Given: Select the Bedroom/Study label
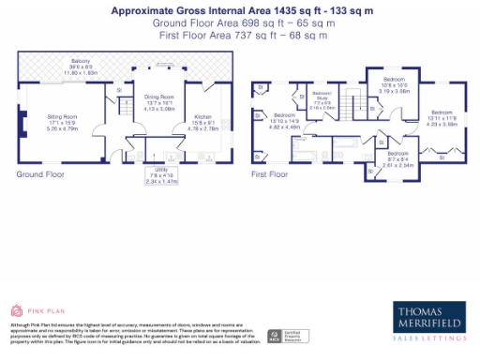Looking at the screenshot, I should (x=322, y=100).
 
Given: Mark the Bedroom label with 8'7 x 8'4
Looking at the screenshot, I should (x=397, y=157).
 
